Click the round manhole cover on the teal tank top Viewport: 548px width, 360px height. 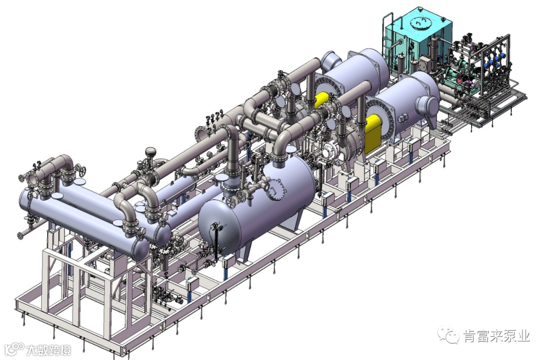click(x=418, y=23)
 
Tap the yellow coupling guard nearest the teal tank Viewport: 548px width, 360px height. click(x=322, y=100)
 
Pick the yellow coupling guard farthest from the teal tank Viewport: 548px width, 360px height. click(x=372, y=134)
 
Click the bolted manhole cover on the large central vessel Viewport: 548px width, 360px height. click(x=277, y=189)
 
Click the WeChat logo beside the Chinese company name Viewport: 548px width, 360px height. click(x=449, y=335)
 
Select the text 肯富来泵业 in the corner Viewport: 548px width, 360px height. click(x=497, y=336)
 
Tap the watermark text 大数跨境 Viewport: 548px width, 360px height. click(x=49, y=350)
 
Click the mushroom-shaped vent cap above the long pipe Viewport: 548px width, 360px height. click(x=151, y=152)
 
